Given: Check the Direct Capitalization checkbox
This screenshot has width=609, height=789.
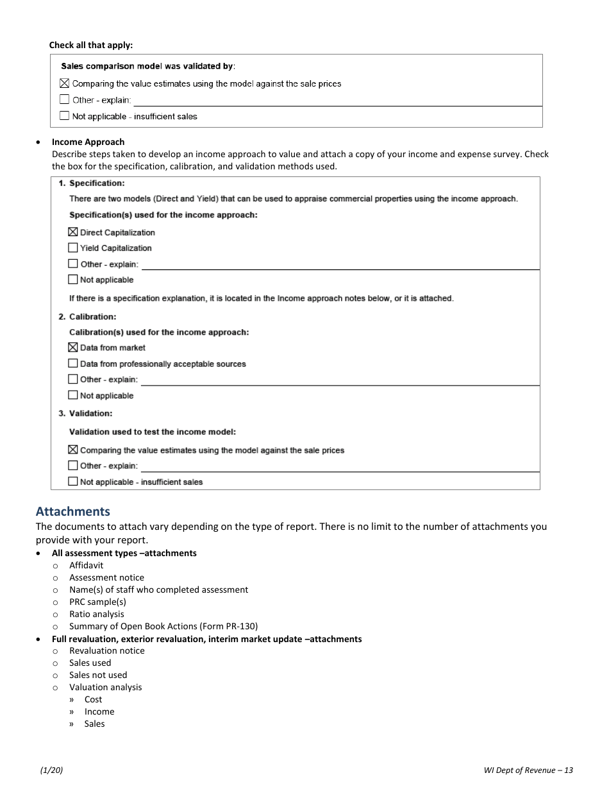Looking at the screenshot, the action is pyautogui.click(x=73, y=232).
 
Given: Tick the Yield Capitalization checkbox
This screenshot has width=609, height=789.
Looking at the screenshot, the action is pyautogui.click(x=73, y=248).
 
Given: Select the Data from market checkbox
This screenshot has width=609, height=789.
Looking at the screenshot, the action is pyautogui.click(x=73, y=348).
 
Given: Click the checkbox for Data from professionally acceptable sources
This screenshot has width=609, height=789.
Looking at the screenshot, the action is pyautogui.click(x=73, y=364).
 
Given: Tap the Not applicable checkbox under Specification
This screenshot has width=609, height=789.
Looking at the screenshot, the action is pyautogui.click(x=73, y=280).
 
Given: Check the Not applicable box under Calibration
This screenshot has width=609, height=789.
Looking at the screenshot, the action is pyautogui.click(x=73, y=396).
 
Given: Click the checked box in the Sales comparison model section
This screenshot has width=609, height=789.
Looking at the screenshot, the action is pyautogui.click(x=65, y=83).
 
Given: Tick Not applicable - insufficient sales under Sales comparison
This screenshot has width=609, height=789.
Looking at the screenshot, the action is pyautogui.click(x=65, y=116).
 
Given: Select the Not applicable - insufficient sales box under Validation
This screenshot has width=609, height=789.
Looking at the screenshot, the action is pyautogui.click(x=73, y=482).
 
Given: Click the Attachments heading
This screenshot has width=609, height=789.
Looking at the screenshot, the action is pyautogui.click(x=72, y=511).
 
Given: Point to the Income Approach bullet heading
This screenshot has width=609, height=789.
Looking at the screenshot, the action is pyautogui.click(x=88, y=142).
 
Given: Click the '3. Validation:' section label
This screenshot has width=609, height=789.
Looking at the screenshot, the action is pyautogui.click(x=85, y=413).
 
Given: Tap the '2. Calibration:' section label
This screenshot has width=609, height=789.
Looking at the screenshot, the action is pyautogui.click(x=87, y=317).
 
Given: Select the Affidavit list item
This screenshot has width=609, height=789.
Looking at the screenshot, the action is pyautogui.click(x=86, y=565).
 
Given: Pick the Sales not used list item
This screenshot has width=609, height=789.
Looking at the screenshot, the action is pyautogui.click(x=98, y=675).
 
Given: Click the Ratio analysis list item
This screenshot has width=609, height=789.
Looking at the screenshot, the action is pyautogui.click(x=96, y=614).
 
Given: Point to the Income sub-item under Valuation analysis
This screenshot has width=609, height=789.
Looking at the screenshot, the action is pyautogui.click(x=99, y=711).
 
